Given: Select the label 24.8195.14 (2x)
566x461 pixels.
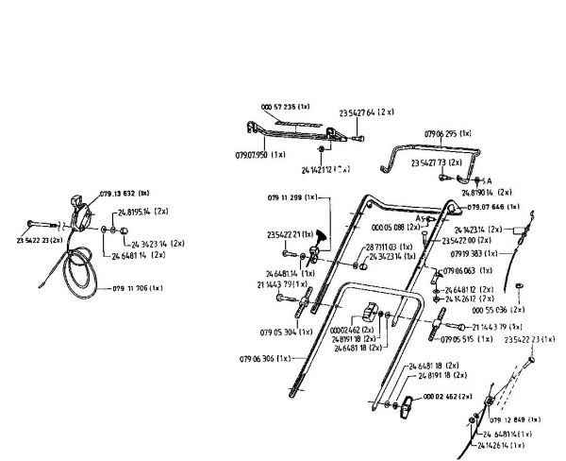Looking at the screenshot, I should tap(141, 212).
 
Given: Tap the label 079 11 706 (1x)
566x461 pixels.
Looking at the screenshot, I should tap(138, 286).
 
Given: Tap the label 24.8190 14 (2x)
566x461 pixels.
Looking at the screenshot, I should tap(487, 192).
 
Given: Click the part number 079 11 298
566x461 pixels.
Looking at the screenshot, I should tap(283, 197).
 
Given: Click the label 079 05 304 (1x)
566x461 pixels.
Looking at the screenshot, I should tap(272, 332).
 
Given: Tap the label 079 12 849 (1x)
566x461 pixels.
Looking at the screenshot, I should tap(512, 418).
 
